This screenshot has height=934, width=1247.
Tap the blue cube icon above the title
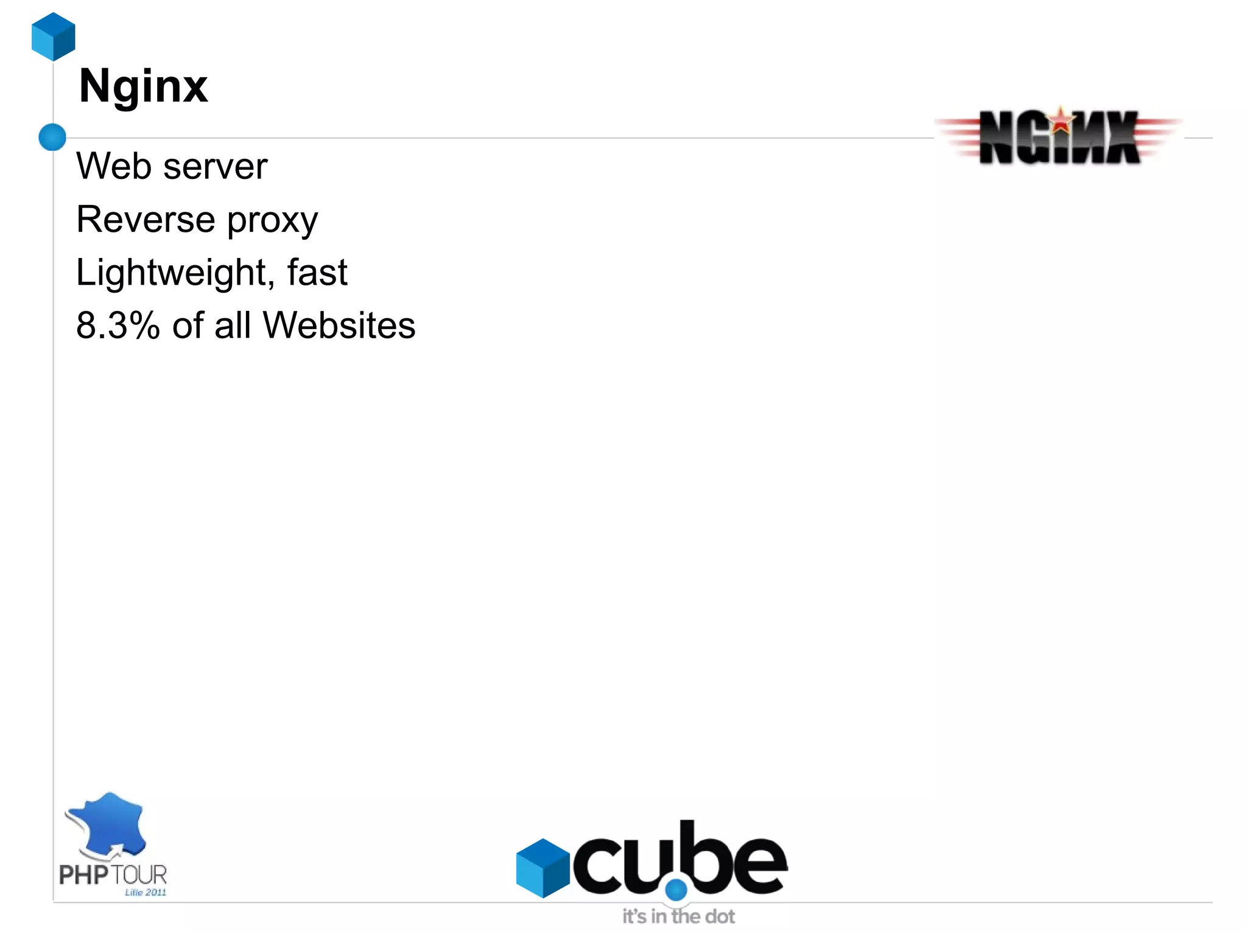(54, 37)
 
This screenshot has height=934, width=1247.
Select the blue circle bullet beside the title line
(52, 137)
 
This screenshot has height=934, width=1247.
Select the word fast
(317, 272)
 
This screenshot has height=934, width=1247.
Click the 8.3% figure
(118, 325)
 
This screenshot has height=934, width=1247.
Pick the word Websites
(339, 325)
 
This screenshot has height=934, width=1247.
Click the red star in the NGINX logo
(1061, 120)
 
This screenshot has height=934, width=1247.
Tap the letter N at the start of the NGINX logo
(997, 138)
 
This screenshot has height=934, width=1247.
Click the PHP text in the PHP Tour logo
(83, 875)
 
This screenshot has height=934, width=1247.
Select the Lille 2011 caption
(145, 893)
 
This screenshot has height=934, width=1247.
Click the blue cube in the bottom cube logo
(543, 868)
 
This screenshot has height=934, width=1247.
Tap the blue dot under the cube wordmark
(676, 890)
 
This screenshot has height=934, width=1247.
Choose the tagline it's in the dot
(678, 916)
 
